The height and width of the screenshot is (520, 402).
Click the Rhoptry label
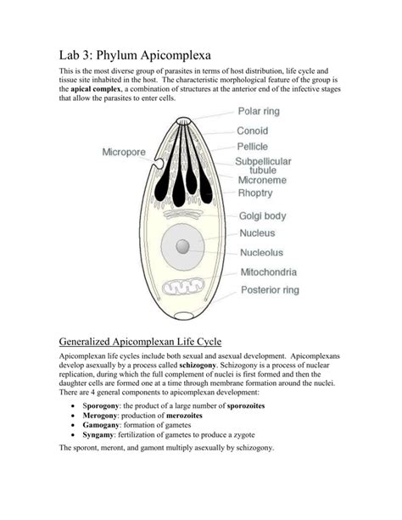coord(262,193)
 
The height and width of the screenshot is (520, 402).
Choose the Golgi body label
coord(267,215)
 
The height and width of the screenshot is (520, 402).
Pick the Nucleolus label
coord(272,252)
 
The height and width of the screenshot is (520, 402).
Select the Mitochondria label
coord(280,272)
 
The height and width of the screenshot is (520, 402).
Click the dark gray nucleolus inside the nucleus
coord(182,246)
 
